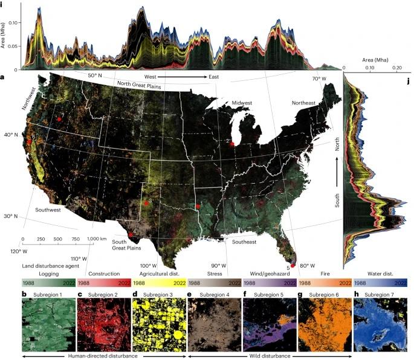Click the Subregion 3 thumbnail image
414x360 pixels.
[x=158, y=323]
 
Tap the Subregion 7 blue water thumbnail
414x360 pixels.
[x=381, y=323]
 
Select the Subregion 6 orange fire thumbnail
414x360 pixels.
[x=326, y=323]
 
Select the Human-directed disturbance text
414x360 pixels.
[x=104, y=356]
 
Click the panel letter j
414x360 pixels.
[x=409, y=80]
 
